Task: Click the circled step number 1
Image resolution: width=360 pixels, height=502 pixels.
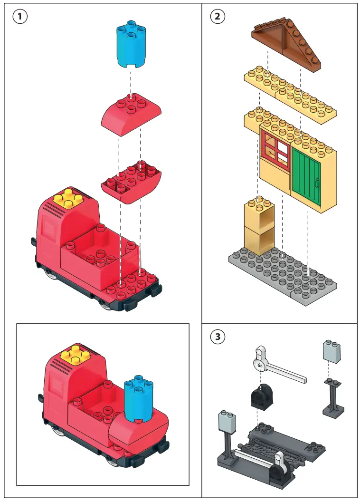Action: [x=19, y=17]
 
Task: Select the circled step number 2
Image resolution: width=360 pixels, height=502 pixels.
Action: [x=218, y=17]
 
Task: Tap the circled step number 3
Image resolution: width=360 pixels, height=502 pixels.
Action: [x=218, y=337]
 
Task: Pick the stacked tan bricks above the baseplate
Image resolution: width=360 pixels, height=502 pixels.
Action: [x=259, y=227]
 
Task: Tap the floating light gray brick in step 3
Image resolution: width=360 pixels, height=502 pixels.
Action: [x=332, y=352]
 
